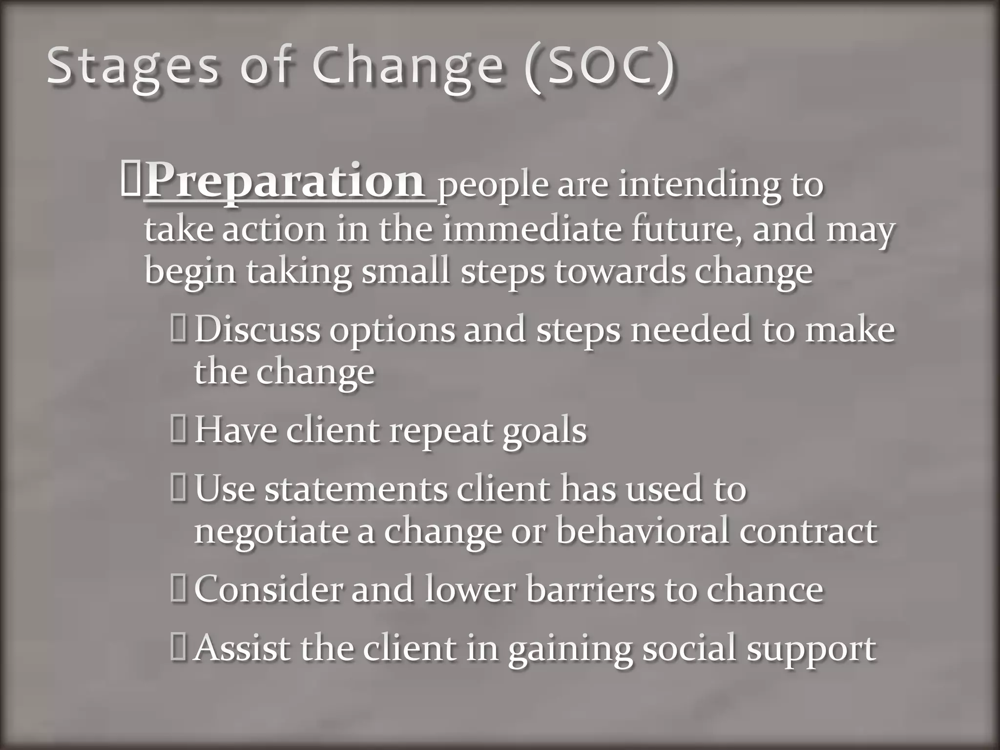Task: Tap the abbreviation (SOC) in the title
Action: click(x=601, y=67)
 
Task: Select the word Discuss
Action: click(x=257, y=330)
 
